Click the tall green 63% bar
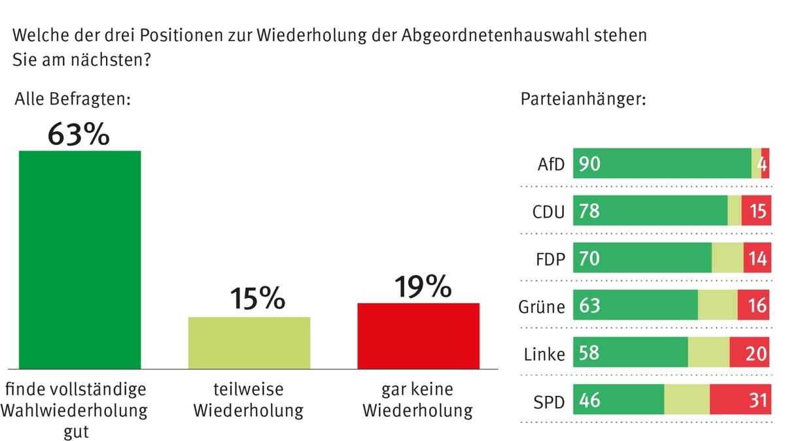pyautogui.click(x=80, y=259)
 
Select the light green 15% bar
pyautogui.click(x=249, y=343)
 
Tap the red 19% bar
pyautogui.click(x=418, y=336)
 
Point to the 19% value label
pyautogui.click(x=423, y=286)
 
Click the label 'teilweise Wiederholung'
pyautogui.click(x=249, y=400)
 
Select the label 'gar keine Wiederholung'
pyautogui.click(x=417, y=400)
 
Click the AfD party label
pyautogui.click(x=550, y=164)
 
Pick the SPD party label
pyautogui.click(x=549, y=400)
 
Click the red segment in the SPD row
pyautogui.click(x=739, y=400)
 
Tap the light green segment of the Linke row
pyautogui.click(x=708, y=353)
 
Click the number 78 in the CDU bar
pyautogui.click(x=589, y=211)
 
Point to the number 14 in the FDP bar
pyautogui.click(x=758, y=259)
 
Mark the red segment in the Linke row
pyautogui.click(x=749, y=353)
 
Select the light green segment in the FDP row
pyautogui.click(x=727, y=258)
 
